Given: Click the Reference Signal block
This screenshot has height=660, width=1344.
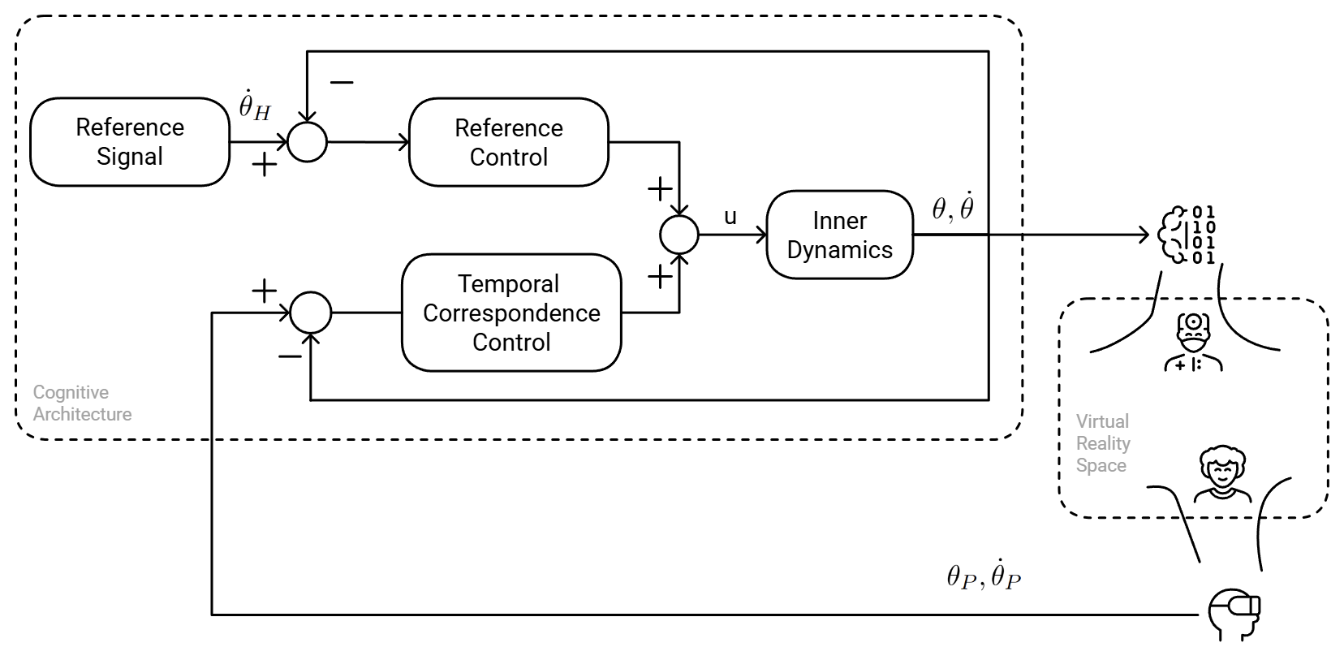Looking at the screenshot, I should (130, 142).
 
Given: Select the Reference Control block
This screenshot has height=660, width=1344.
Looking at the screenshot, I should (508, 142).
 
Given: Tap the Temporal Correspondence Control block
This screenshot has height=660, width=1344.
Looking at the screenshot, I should (511, 313).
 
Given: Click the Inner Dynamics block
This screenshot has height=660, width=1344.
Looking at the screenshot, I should (839, 235).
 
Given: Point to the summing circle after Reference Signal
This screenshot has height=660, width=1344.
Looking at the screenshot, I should (307, 142).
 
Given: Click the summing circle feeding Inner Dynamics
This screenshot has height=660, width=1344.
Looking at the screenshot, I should (679, 235).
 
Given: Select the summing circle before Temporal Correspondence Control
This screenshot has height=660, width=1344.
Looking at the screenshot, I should (311, 313).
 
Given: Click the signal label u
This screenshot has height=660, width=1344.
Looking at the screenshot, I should (730, 217).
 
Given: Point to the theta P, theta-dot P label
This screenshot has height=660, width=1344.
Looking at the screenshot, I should (983, 576).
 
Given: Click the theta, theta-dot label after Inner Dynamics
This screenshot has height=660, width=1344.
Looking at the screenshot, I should (952, 208).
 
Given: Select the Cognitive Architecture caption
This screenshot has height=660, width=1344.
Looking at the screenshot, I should (81, 403).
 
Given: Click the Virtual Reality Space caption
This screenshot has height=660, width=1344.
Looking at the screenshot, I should (1102, 443).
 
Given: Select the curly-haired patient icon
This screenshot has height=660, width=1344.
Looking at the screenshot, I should (1221, 475).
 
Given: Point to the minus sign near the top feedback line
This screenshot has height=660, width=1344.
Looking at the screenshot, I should (342, 82).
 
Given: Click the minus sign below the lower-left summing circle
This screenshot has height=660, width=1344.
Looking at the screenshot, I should (289, 356).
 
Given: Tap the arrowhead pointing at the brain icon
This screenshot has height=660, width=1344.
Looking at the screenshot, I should (1144, 235).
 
